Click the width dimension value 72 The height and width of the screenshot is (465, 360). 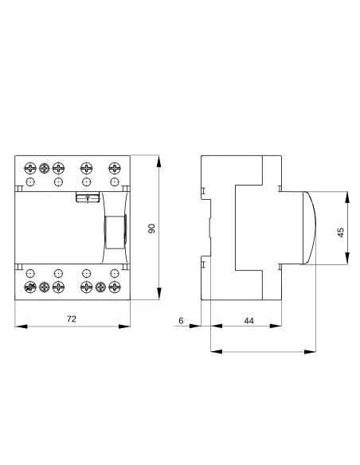(71, 318)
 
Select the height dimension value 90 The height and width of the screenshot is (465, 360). (151, 229)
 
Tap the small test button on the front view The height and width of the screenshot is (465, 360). (83, 198)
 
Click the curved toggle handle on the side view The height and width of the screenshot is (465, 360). (307, 229)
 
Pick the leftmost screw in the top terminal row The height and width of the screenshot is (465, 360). (30, 168)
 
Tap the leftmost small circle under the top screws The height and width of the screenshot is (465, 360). (30, 182)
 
